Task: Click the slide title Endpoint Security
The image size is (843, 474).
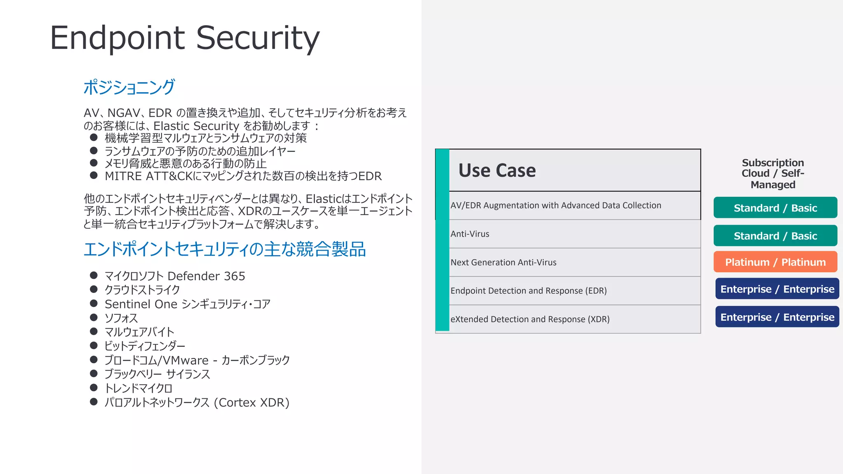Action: (x=184, y=38)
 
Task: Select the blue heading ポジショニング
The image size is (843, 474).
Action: (x=129, y=87)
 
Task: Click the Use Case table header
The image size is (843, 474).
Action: (x=497, y=170)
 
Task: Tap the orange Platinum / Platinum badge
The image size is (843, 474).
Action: (x=775, y=262)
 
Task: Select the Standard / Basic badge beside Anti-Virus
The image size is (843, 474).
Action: (x=775, y=236)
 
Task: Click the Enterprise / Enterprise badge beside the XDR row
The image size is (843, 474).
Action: (x=777, y=317)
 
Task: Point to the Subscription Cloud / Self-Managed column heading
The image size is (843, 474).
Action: (x=773, y=174)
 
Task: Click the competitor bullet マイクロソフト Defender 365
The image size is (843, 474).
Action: (x=175, y=276)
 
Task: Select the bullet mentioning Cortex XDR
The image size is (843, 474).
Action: (x=197, y=402)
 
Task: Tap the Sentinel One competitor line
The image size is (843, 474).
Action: (x=187, y=304)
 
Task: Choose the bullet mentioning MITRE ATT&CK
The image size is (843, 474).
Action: (x=243, y=176)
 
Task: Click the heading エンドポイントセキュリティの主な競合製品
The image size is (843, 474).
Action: (x=225, y=249)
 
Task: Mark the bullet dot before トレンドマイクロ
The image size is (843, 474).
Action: (x=94, y=388)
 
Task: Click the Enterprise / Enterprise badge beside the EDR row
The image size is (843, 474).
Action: (x=777, y=289)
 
